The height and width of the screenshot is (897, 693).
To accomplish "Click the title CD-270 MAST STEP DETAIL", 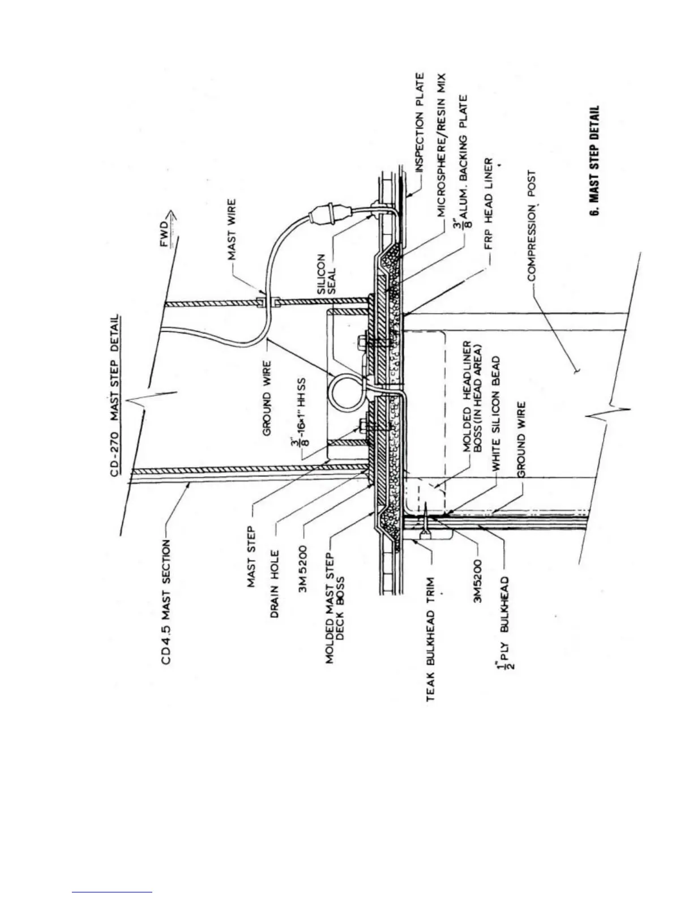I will tap(121, 397).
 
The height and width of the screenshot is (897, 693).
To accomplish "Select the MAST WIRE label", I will tap(233, 230).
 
